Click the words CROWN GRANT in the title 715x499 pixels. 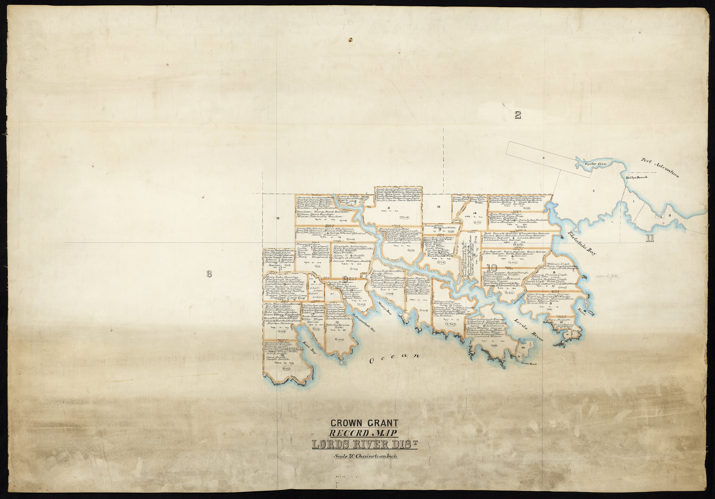click(364, 423)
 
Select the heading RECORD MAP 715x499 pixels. click(363, 433)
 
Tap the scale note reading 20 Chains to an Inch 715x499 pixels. click(365, 456)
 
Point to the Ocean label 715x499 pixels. click(395, 359)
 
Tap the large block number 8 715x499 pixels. click(209, 274)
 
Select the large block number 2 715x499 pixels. click(517, 115)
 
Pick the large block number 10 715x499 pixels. click(492, 268)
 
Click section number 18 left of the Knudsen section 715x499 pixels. click(278, 218)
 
